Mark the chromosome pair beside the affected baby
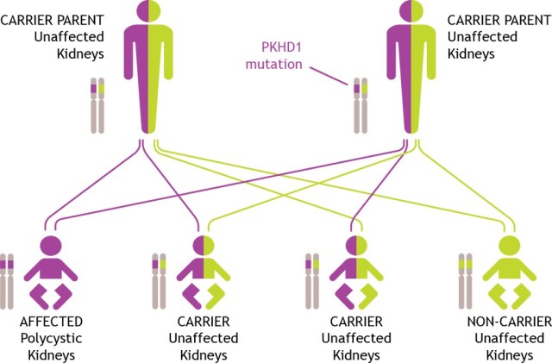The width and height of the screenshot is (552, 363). [x=8, y=281]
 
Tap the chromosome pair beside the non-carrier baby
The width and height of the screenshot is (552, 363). [x=466, y=281]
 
